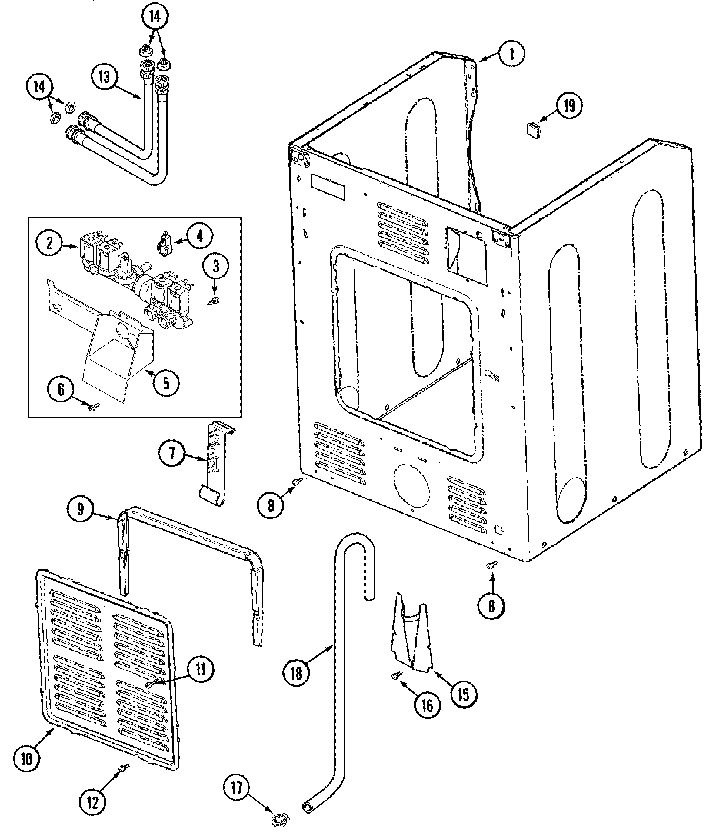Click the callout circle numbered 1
pyautogui.click(x=511, y=54)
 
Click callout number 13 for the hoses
pyautogui.click(x=104, y=77)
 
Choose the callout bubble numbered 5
pyautogui.click(x=166, y=383)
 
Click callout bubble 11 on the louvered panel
pyautogui.click(x=200, y=668)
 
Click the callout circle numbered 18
pyautogui.click(x=295, y=671)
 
